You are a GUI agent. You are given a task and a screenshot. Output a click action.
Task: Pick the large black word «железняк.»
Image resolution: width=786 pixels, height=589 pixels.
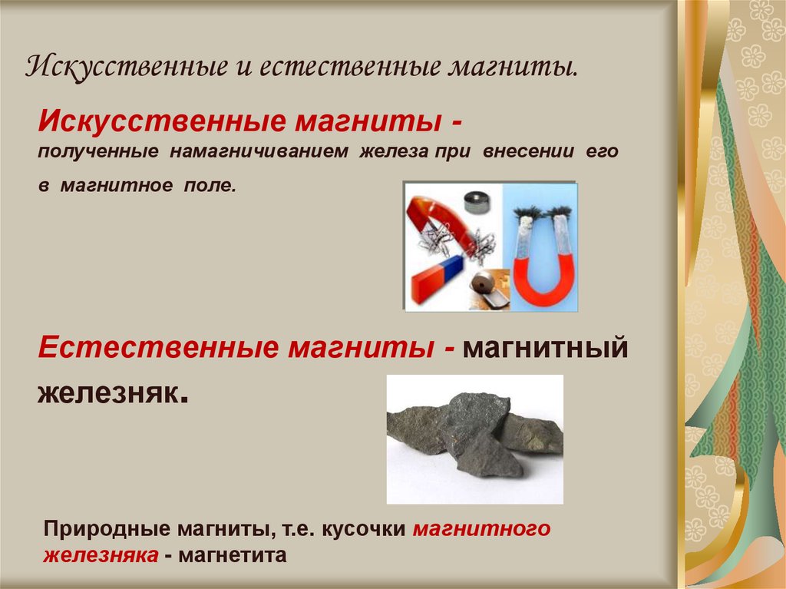tap(112, 393)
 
